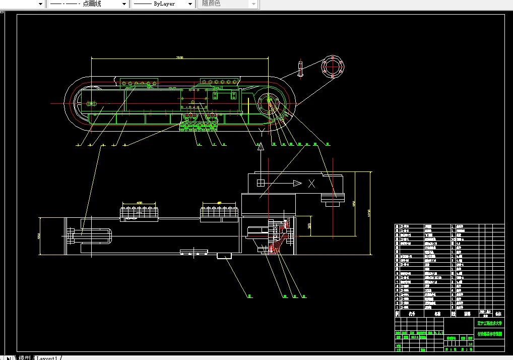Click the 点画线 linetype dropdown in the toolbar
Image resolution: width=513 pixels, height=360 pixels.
[87, 4]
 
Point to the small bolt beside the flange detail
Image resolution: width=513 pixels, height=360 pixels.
[301, 69]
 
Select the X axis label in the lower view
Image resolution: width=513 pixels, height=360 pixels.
[312, 183]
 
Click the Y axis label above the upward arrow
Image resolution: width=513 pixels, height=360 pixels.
[261, 133]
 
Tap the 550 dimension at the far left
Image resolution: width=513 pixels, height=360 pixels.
[39, 236]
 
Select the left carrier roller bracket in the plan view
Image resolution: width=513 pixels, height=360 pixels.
[140, 213]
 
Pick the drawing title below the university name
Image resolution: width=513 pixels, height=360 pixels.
[490, 333]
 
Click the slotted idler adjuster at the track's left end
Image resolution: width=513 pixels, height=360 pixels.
[92, 104]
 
